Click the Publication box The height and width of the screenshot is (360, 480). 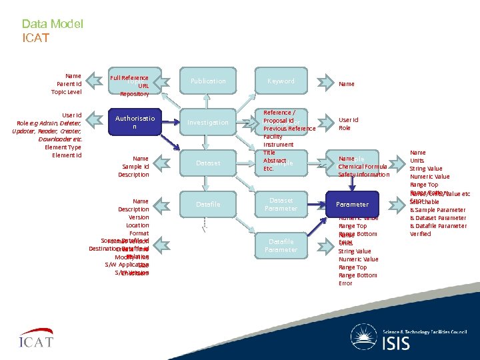(208, 81)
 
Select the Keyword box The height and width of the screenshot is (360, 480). (281, 81)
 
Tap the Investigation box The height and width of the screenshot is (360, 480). (208, 123)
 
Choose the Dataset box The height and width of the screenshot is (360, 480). (208, 163)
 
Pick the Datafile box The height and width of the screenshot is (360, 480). (208, 204)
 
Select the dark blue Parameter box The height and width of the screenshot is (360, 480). (353, 204)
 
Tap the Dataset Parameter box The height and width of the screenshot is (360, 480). (281, 204)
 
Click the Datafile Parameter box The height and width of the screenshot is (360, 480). (281, 245)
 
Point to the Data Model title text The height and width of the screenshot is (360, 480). (52, 24)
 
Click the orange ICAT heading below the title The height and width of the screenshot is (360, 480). (35, 38)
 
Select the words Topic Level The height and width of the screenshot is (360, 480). (67, 92)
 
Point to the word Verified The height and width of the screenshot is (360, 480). (421, 234)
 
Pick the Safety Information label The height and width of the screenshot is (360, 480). (364, 175)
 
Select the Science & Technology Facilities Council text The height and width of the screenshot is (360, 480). (425, 331)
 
